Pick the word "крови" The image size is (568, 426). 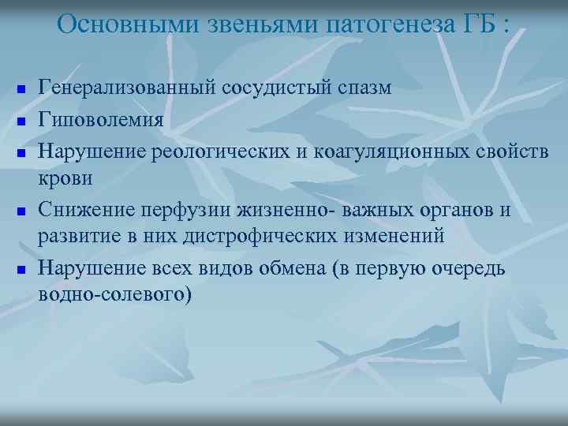(66, 177)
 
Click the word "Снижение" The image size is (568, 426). (88, 209)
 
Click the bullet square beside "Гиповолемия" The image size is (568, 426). (21, 121)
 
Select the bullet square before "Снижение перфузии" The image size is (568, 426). (21, 211)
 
